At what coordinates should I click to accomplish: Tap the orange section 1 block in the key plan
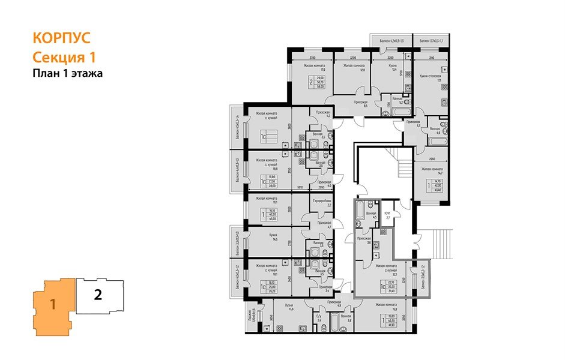coord(53,302)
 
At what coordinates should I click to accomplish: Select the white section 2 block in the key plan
coord(98,295)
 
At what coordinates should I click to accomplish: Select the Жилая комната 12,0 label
coord(352,67)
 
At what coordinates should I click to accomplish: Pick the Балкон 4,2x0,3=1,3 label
coord(392,41)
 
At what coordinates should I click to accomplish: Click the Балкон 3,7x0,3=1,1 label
coord(431,41)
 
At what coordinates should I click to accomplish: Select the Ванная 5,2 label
coord(397,100)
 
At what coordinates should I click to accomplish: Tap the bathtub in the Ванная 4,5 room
coord(360,212)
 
